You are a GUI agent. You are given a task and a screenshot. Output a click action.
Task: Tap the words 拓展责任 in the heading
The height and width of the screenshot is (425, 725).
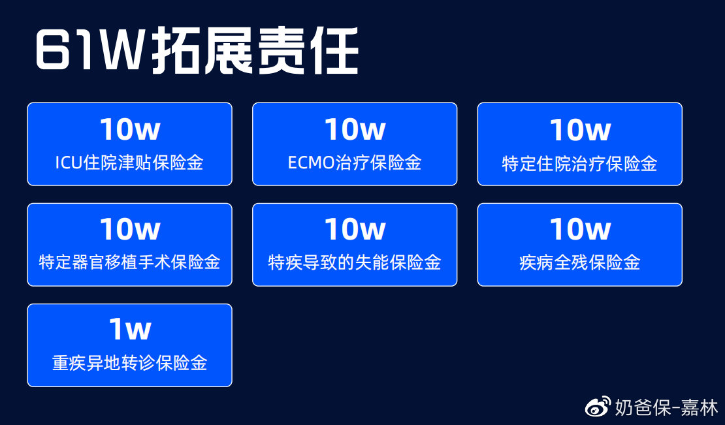(255, 50)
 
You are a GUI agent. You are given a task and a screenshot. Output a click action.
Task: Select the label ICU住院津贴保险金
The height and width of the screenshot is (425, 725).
(129, 163)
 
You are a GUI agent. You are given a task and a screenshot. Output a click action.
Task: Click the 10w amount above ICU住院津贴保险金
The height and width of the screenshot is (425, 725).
(130, 129)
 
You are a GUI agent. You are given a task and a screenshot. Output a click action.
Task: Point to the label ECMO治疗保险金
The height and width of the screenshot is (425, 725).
(355, 163)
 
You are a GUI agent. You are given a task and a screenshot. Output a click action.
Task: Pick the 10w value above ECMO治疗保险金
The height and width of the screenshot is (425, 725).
(355, 129)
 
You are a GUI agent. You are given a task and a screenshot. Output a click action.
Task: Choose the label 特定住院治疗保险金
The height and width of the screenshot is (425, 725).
(580, 164)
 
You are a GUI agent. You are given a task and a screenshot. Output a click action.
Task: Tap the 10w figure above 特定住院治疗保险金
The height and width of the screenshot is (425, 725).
(580, 129)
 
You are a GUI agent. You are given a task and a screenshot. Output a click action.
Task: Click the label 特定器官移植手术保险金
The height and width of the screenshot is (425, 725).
(129, 262)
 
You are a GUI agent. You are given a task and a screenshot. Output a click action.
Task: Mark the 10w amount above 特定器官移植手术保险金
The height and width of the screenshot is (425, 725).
(130, 229)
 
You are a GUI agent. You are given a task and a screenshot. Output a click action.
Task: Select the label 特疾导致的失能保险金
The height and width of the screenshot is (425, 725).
(355, 262)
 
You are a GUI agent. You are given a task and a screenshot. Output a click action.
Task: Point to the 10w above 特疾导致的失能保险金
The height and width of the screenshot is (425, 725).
(355, 229)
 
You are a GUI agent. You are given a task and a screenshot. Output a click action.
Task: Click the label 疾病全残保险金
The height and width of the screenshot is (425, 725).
(580, 262)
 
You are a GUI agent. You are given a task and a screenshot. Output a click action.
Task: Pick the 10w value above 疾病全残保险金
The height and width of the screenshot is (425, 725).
(580, 229)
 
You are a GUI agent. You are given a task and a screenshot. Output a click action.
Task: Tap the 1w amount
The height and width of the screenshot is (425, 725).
(130, 330)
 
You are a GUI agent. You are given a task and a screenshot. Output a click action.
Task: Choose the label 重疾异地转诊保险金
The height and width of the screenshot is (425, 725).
(129, 362)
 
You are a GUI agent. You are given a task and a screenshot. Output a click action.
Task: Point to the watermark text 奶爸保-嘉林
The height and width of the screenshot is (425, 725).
(666, 407)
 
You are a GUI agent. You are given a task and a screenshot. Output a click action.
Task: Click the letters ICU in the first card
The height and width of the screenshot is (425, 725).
(69, 163)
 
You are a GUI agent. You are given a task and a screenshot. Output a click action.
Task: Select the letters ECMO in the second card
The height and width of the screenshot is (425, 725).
(311, 163)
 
